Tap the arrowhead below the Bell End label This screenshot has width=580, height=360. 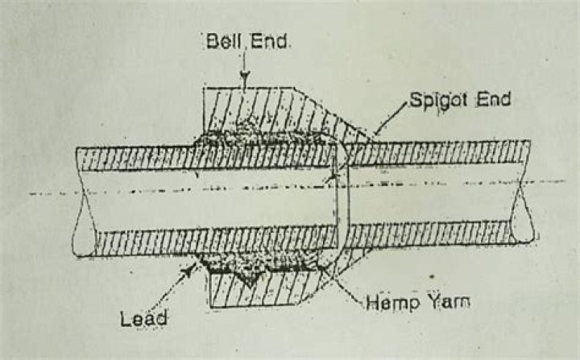pyautogui.click(x=244, y=79)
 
